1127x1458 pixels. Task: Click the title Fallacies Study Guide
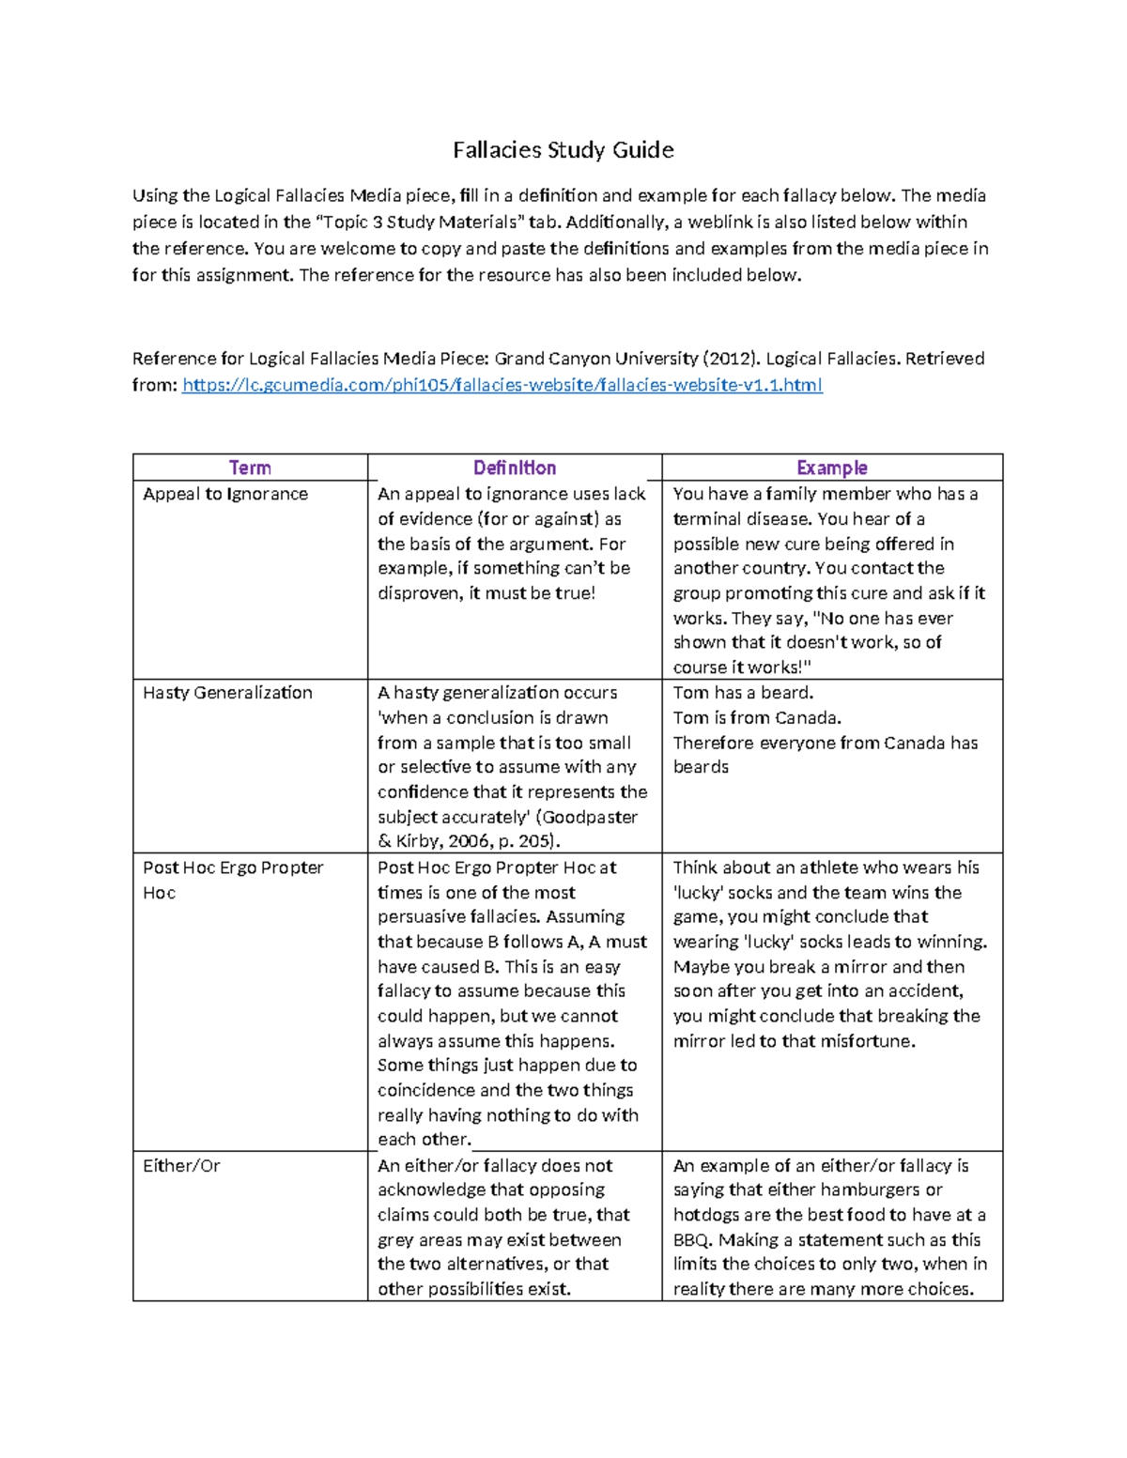pos(563,150)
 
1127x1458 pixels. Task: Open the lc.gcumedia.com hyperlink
pos(502,385)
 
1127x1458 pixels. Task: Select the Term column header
pos(250,468)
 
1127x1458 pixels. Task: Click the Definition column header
pos(514,468)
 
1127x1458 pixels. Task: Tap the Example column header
pos(831,468)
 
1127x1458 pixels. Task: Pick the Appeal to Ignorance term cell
pos(225,494)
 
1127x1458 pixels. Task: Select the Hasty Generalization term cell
pos(227,693)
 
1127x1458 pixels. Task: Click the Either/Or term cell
pos(181,1166)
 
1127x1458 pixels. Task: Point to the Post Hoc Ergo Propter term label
pos(233,868)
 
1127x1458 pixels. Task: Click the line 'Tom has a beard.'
pos(743,693)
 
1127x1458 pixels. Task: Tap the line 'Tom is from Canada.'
pos(757,718)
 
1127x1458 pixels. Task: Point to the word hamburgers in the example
pos(853,1190)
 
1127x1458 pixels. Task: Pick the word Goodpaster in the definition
pos(589,818)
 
